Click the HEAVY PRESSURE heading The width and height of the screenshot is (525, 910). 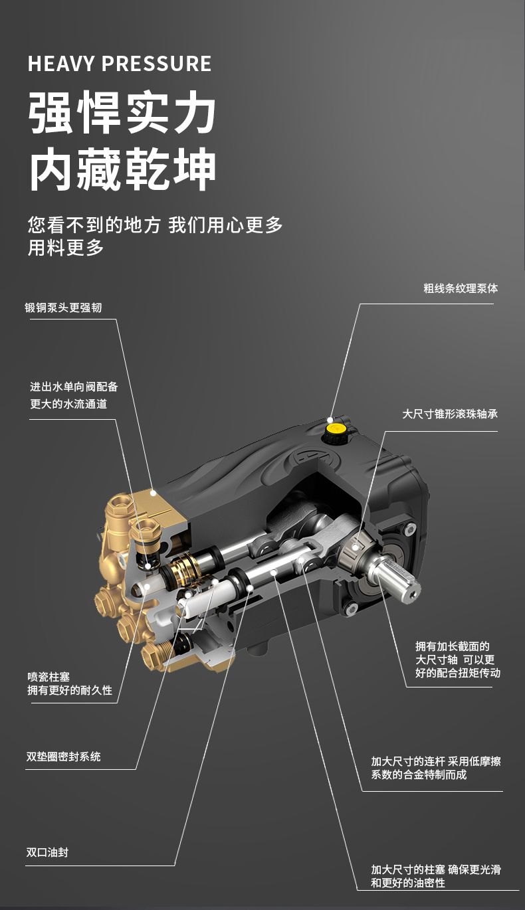pos(120,64)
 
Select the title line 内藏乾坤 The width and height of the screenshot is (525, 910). pos(122,169)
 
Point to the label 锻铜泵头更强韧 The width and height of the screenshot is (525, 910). pos(63,308)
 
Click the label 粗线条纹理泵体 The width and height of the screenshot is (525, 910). pos(461,288)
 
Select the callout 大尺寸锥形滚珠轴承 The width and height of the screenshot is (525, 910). pos(450,414)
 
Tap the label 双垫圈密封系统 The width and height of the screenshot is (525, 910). pos(64,757)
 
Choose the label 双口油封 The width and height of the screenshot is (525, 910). pos(47,852)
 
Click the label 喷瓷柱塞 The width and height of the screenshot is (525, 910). pos(49,677)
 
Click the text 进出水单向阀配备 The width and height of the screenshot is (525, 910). pos(74,387)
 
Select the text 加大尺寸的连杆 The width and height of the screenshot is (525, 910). pos(408,761)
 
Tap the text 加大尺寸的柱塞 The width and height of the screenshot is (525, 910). pos(408,869)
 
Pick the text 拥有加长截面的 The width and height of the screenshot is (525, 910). pos(453,646)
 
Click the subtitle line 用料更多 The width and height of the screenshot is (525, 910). pos(66,248)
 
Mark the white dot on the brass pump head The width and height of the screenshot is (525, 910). pos(153,492)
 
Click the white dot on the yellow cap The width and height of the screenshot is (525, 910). pos(330,420)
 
